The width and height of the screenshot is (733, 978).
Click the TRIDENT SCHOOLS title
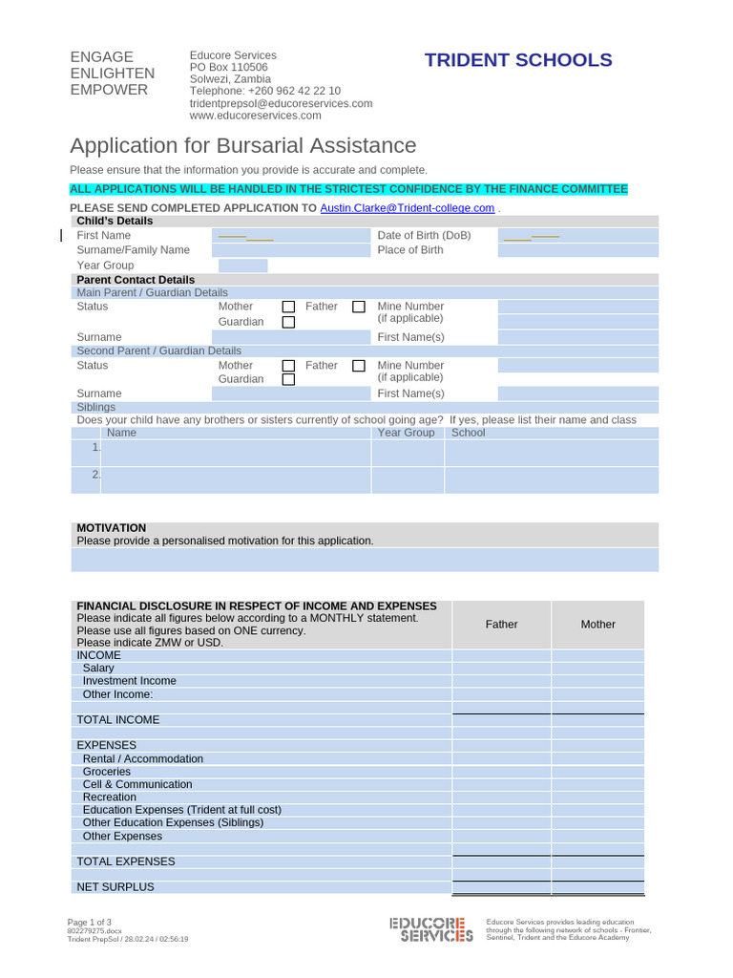point(518,60)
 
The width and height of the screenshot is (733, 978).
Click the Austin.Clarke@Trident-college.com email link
point(407,207)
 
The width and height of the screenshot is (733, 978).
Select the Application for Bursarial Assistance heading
point(243,145)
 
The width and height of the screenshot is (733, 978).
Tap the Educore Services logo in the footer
point(430,929)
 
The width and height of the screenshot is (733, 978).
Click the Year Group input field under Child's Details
point(242,266)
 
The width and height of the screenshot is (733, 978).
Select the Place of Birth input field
point(577,250)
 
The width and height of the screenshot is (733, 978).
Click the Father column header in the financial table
point(501,624)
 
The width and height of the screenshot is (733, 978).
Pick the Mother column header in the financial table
point(598,624)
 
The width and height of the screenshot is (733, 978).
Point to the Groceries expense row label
point(107,771)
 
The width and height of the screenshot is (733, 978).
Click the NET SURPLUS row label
point(115,886)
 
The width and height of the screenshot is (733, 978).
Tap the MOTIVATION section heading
point(112,527)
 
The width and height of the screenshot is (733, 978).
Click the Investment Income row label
point(130,681)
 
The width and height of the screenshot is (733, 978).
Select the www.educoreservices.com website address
point(255,116)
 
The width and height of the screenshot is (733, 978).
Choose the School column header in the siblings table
point(468,433)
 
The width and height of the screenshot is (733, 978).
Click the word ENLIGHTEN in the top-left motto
point(113,74)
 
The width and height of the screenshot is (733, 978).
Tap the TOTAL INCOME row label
point(118,719)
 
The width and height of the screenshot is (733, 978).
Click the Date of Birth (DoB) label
point(424,235)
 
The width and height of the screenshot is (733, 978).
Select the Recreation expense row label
point(110,797)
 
